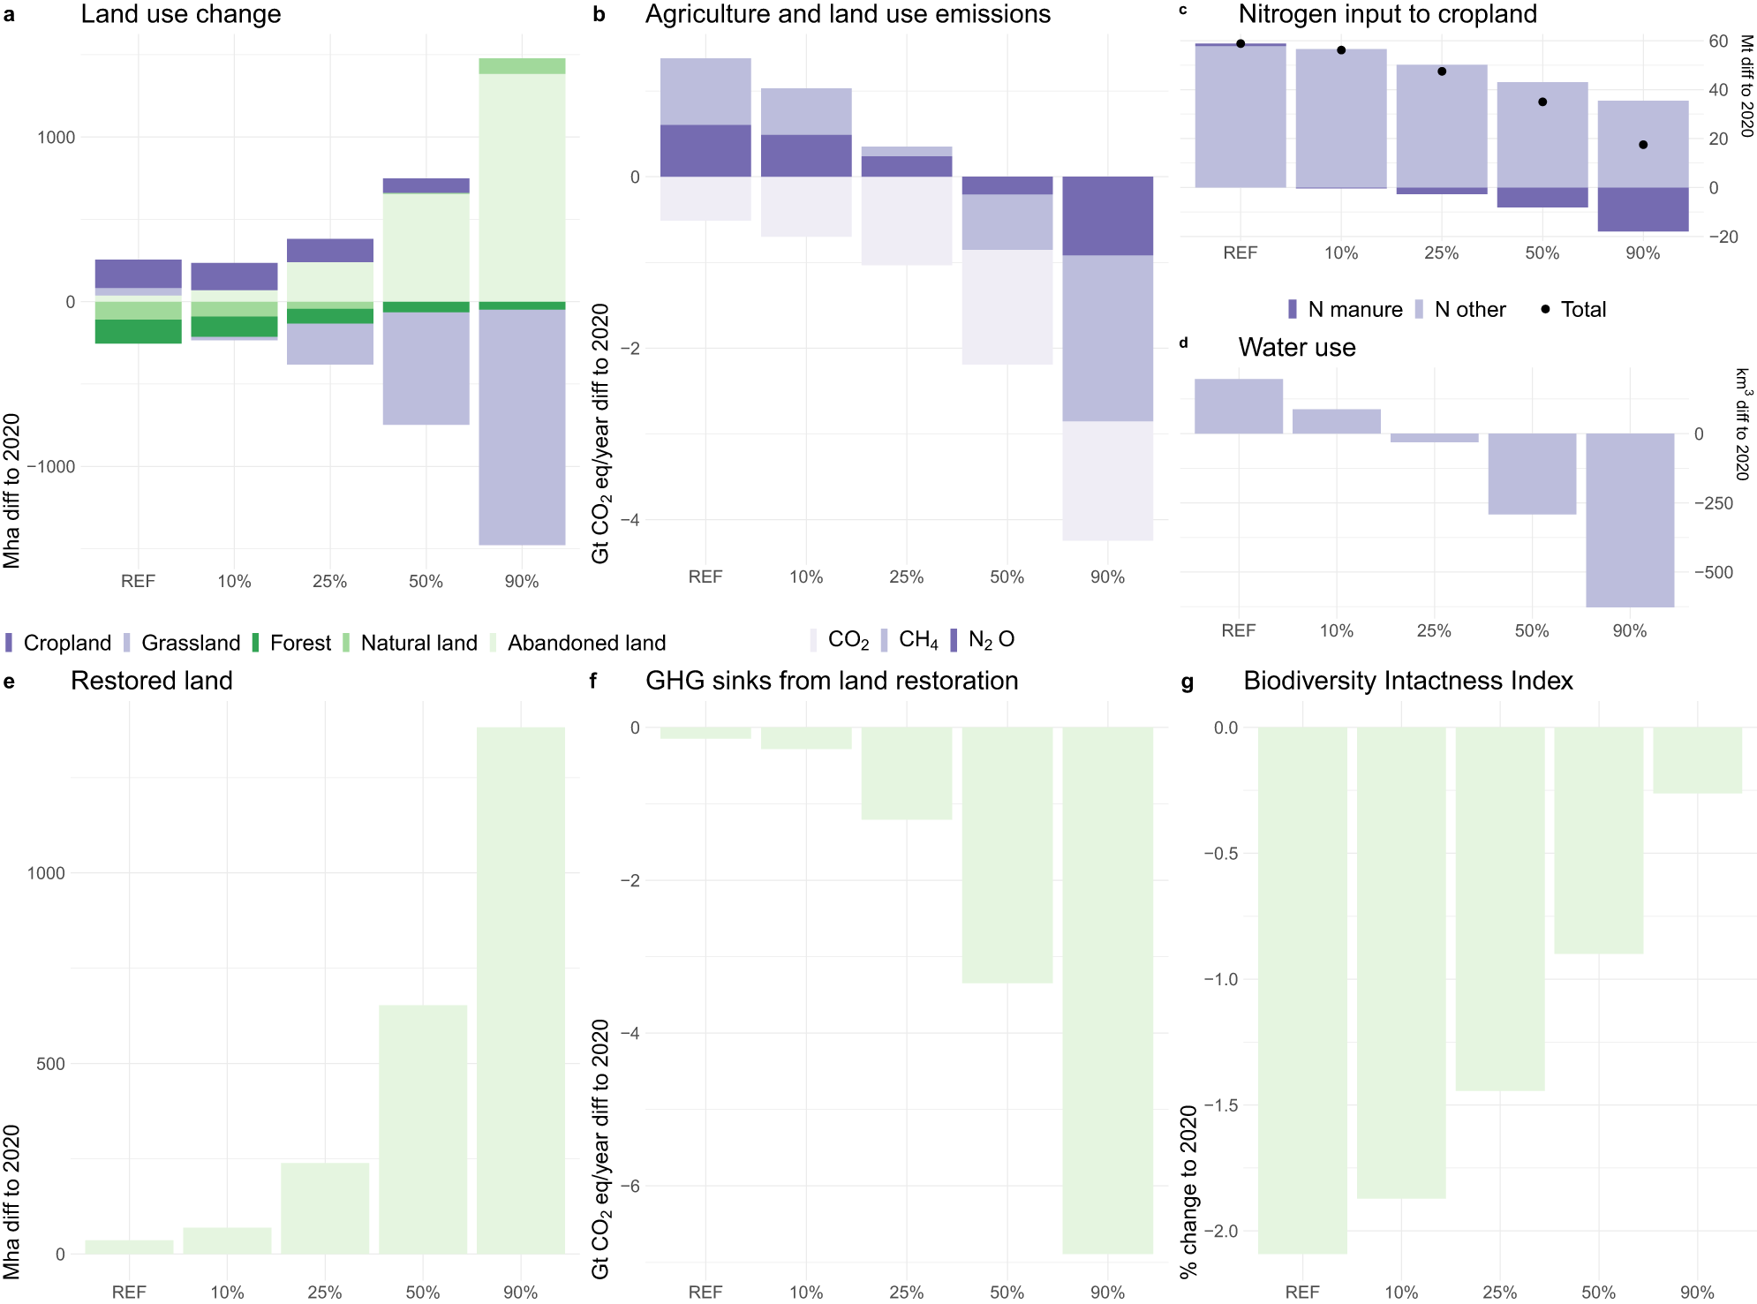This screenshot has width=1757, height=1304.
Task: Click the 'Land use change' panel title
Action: coord(180,14)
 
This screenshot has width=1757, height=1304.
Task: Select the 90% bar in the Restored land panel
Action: coord(521,989)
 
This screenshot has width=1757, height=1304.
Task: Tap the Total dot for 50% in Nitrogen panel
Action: coord(1542,102)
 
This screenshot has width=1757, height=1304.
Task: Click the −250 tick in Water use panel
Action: coord(1713,503)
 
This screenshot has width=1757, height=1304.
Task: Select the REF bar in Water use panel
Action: coord(1239,406)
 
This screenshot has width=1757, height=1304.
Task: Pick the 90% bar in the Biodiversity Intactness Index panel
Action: coord(1697,760)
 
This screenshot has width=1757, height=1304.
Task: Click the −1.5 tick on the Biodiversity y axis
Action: coord(1221,1105)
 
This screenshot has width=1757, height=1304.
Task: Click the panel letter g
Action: coord(1187,682)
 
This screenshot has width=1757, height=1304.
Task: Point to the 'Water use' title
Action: coord(1296,348)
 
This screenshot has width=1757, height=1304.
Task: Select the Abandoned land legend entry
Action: coord(585,643)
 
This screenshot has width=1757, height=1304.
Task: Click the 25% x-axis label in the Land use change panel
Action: coord(329,581)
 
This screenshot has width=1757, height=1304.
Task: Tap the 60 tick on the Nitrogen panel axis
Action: coord(1718,41)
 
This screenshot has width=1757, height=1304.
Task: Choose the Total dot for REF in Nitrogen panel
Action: coord(1240,43)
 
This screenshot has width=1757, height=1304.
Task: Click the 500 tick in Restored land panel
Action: coord(50,1064)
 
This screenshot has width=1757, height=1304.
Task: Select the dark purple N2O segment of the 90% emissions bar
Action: coord(1107,216)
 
